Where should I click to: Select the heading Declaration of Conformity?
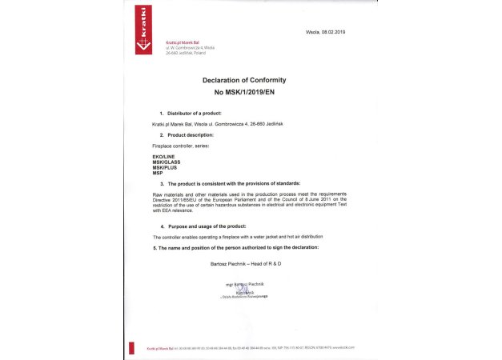[243, 80]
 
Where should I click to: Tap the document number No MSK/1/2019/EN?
[243, 93]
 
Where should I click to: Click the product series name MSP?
[158, 172]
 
